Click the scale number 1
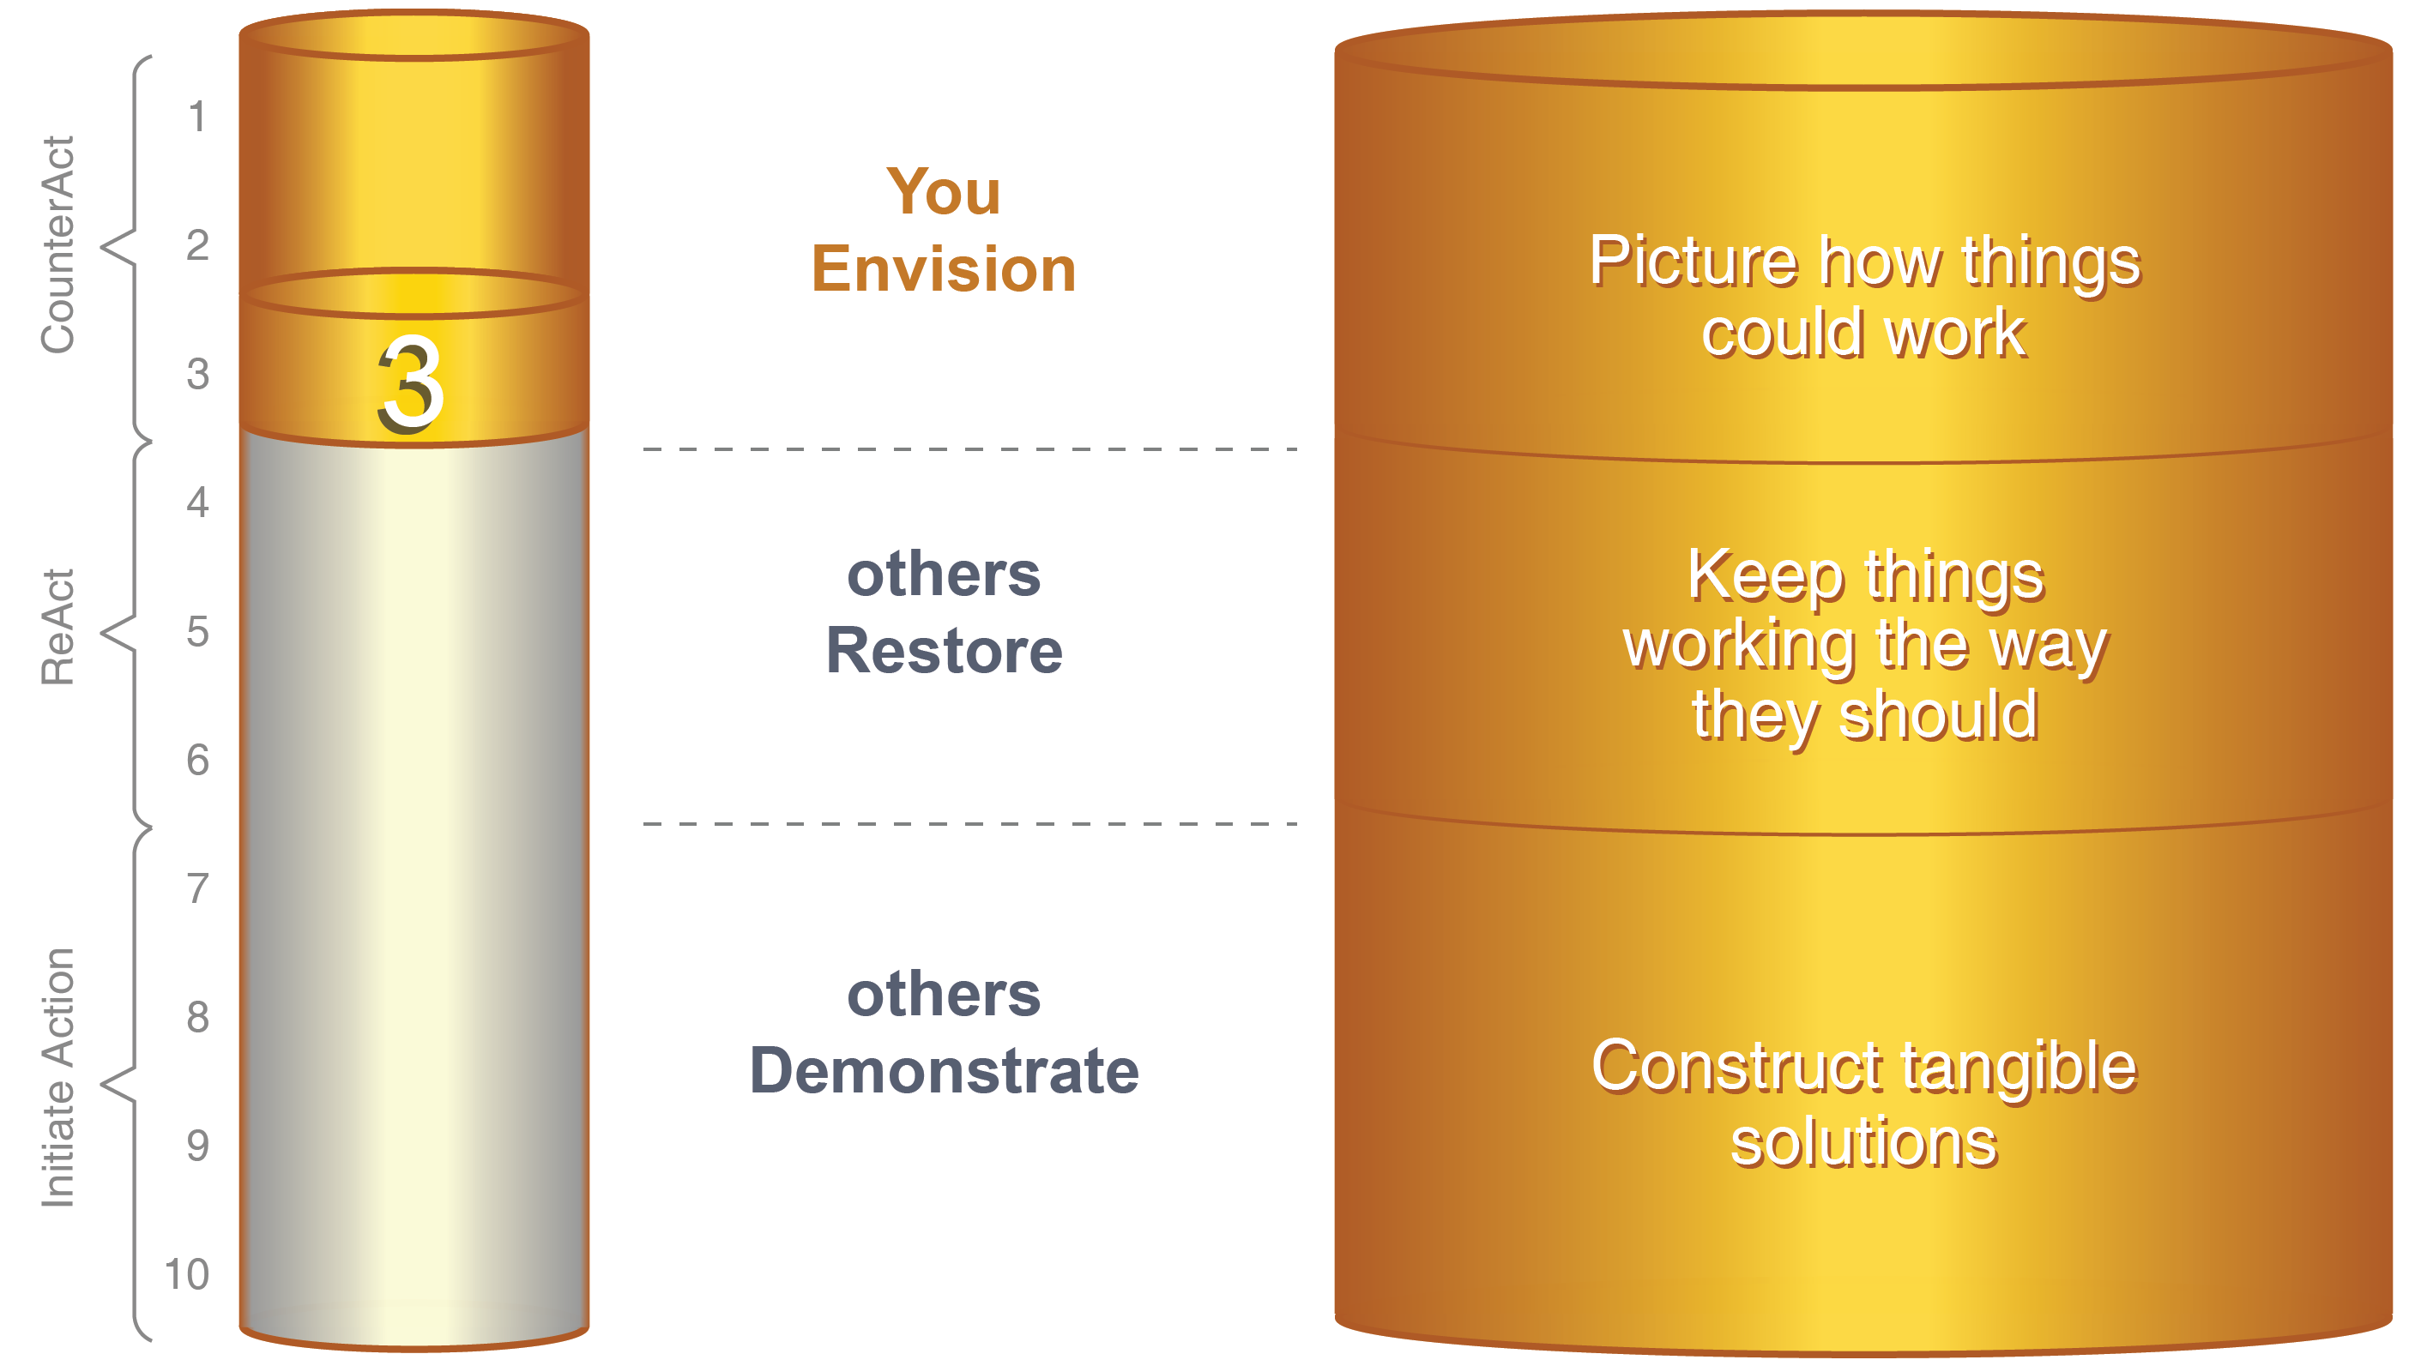pos(196,117)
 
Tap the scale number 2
pos(197,245)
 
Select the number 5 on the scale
pos(197,631)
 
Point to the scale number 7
pos(197,888)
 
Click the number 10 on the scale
pos(187,1275)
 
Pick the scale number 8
pos(197,1018)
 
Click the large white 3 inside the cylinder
pos(411,384)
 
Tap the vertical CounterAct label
pos(57,245)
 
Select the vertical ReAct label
pos(57,627)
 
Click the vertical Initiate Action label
pos(57,1078)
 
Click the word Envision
pos(944,269)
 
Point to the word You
pos(944,192)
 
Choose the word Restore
pos(944,651)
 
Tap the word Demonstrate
pos(944,1071)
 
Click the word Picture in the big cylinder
pos(1693,262)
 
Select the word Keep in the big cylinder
pos(1765,577)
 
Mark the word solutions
pos(1863,1143)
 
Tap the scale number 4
pos(197,502)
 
